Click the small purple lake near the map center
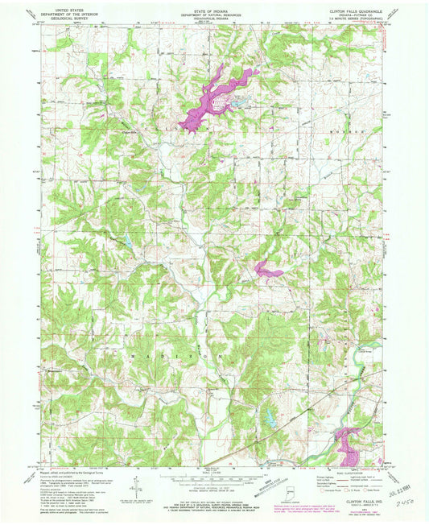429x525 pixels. [267, 271]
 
